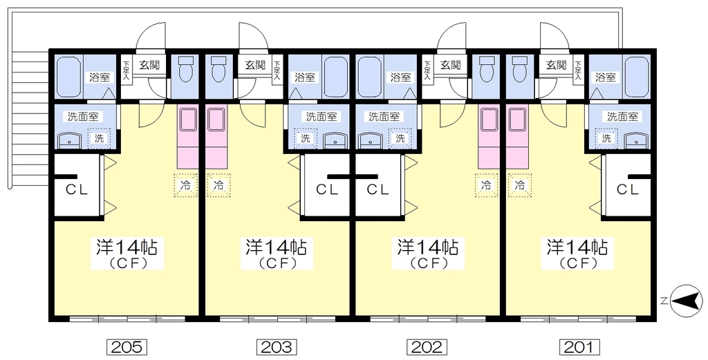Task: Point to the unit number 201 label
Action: pos(579,346)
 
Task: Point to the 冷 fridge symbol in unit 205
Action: pos(185,185)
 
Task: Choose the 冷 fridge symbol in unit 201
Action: pos(519,185)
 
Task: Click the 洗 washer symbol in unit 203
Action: pos(305,138)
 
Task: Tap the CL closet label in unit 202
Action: pos(378,189)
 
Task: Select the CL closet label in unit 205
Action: pos(77,189)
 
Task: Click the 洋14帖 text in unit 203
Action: pos(277,246)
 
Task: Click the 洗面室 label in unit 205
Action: pos(81,117)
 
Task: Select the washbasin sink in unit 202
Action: pos(371,140)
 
